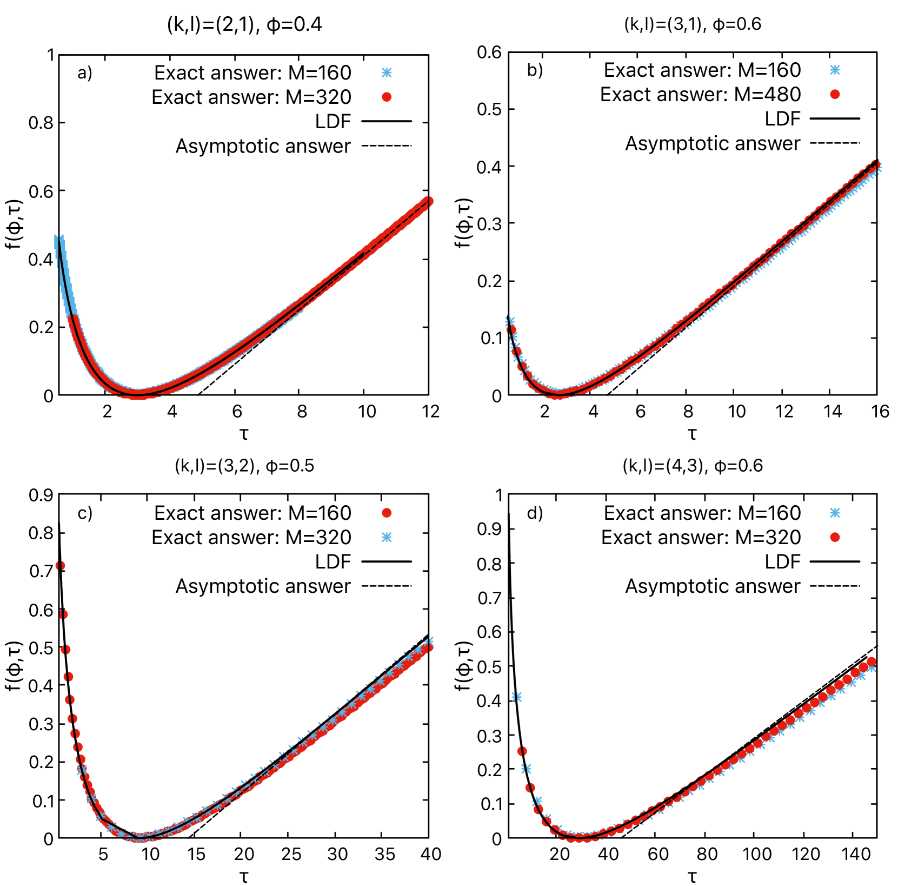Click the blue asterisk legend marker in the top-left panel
click(387, 72)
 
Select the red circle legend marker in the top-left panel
click(387, 97)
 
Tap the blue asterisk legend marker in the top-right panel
click(835, 70)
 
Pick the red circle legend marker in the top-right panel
click(835, 94)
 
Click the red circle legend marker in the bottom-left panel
click(387, 513)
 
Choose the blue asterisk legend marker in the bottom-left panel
click(387, 537)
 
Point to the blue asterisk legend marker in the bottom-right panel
click(835, 513)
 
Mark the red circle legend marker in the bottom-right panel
click(835, 537)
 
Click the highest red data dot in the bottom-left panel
click(61, 565)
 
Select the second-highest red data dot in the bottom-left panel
click(63, 614)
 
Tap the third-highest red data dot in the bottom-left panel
click(66, 650)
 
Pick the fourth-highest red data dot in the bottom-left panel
click(68, 677)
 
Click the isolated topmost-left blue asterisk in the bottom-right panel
click(516, 697)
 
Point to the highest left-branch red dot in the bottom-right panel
click(522, 751)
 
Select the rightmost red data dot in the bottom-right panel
click(871, 662)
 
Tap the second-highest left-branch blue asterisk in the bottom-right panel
click(526, 769)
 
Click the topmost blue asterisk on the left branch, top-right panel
click(510, 321)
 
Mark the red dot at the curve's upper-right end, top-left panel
click(428, 201)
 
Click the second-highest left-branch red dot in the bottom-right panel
click(530, 788)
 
